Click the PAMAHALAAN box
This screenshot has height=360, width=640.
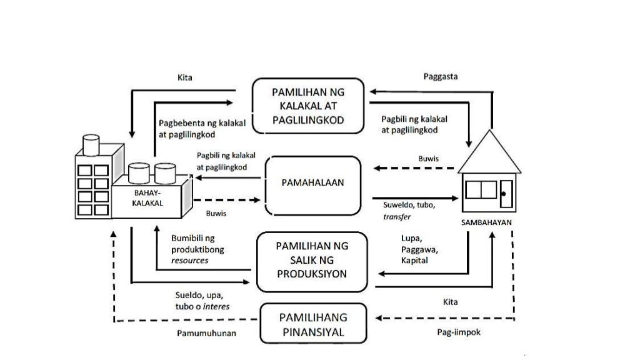click(313, 183)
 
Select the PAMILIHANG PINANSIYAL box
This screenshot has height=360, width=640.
click(312, 324)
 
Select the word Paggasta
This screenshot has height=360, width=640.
click(440, 77)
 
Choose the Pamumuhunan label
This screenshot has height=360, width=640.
click(206, 333)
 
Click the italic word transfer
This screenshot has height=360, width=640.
click(397, 216)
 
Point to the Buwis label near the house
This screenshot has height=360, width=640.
click(428, 159)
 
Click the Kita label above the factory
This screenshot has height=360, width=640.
click(185, 78)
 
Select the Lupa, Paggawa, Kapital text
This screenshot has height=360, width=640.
click(419, 249)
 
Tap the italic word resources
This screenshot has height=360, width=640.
click(190, 260)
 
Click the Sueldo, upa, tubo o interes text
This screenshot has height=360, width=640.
click(202, 301)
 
